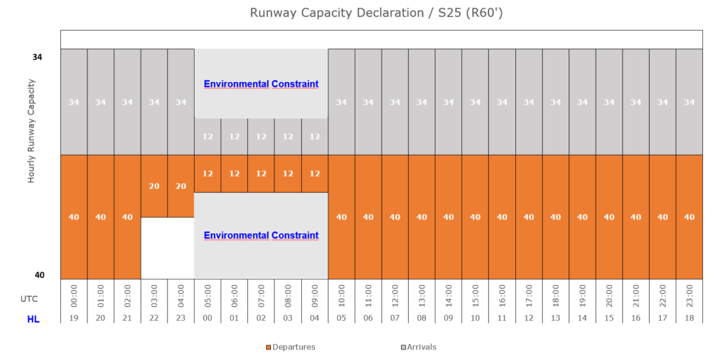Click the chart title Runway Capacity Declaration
[358, 13]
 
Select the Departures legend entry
[291, 347]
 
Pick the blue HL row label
[33, 319]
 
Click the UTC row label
[29, 298]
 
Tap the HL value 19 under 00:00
[74, 319]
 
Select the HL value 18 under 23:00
[689, 319]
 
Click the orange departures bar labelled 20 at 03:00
[154, 186]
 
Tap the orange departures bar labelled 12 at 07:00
[261, 174]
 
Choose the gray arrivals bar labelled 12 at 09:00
[315, 137]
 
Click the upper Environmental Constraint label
[261, 84]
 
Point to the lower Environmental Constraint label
[261, 235]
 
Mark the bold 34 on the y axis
[37, 57]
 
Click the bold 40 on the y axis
[39, 275]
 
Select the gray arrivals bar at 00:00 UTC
[74, 102]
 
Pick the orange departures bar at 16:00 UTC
[502, 217]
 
